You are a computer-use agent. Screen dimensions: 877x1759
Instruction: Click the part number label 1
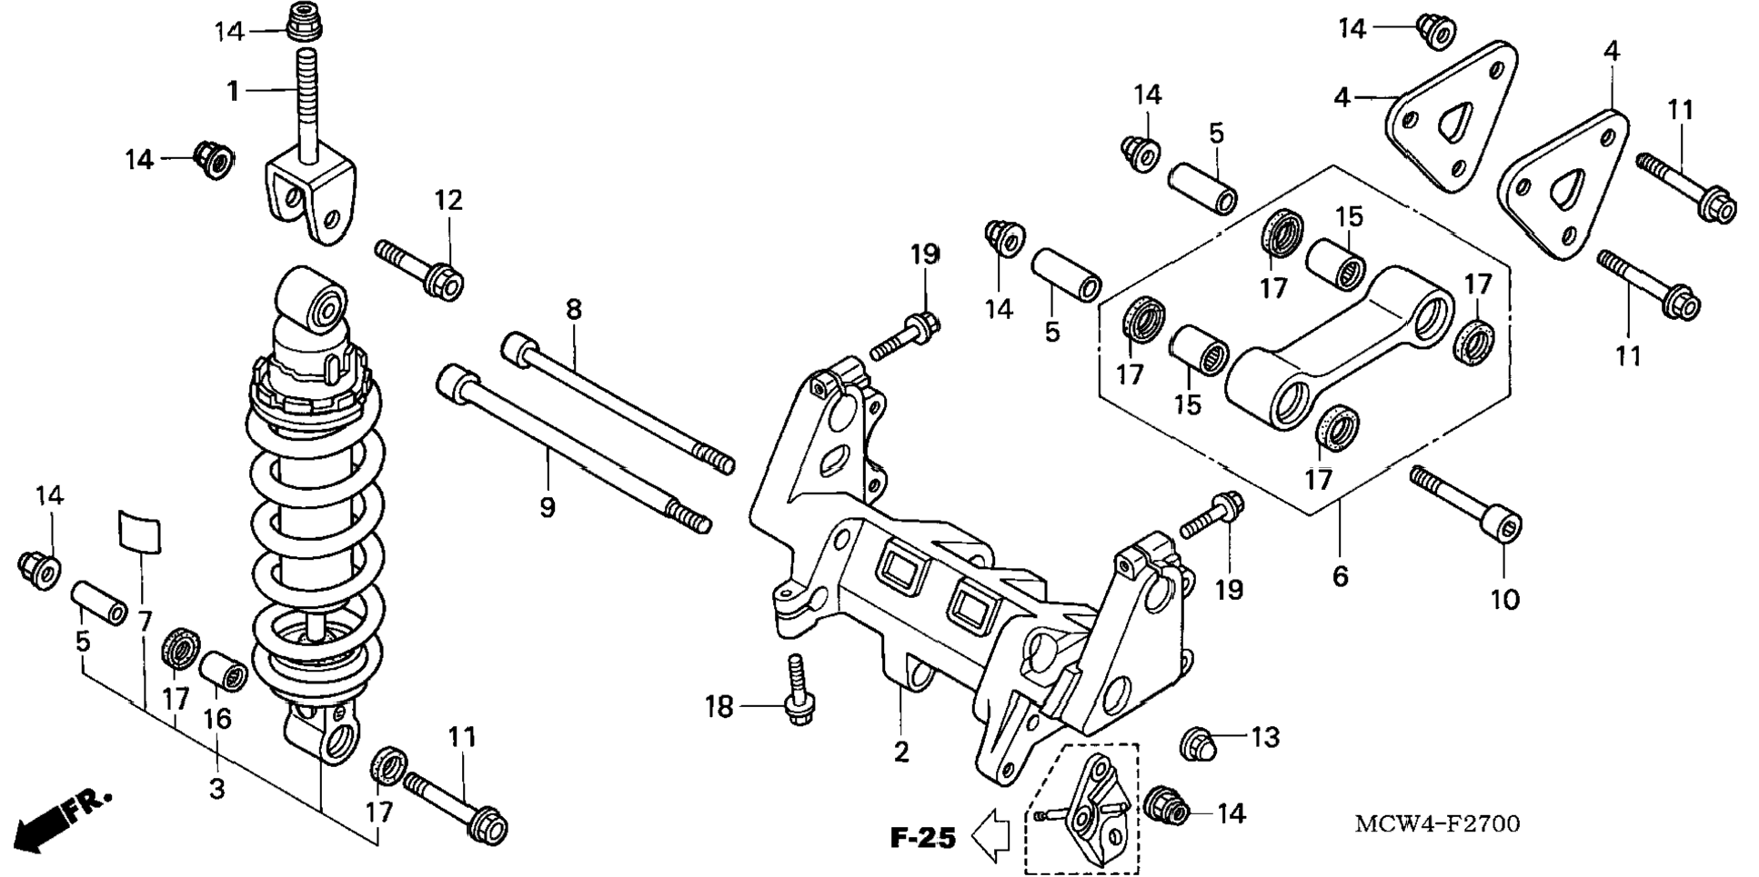point(233,91)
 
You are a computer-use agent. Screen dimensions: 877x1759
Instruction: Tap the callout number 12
point(448,200)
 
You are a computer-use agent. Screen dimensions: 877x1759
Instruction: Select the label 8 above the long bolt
point(573,310)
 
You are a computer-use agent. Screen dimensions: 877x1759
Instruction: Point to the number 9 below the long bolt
point(547,507)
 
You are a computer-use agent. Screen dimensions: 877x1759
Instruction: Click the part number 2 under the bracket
point(900,752)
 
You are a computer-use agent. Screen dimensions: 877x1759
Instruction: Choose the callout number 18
point(719,706)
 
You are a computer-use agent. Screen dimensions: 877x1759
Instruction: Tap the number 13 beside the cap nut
point(1265,737)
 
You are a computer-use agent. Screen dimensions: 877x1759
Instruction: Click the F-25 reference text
point(922,837)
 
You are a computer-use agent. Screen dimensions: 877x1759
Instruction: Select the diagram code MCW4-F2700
point(1437,824)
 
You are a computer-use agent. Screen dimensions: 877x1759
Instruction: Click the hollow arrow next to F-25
point(992,834)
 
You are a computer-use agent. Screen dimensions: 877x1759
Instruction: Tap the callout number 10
point(1505,600)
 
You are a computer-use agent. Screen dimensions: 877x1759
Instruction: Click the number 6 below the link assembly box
point(1341,576)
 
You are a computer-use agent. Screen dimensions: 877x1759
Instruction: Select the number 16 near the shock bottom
point(216,719)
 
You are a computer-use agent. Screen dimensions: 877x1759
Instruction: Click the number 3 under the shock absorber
point(216,789)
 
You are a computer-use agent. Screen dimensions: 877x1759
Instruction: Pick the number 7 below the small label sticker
point(146,622)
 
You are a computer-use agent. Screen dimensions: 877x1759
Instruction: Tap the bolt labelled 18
point(797,691)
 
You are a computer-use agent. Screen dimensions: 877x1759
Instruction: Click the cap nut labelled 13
point(1198,744)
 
